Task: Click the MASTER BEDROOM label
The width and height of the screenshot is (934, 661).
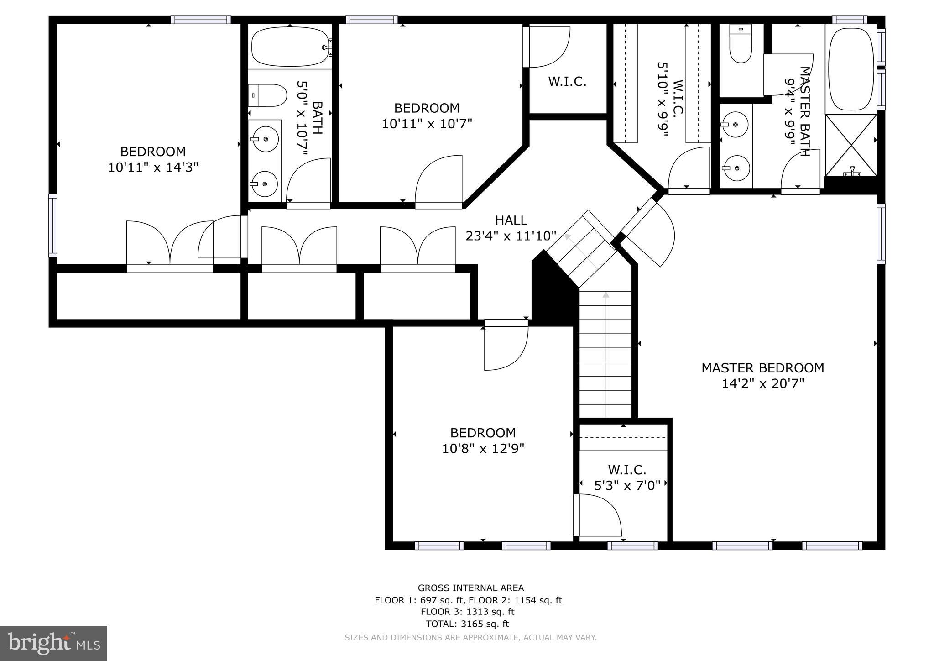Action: [762, 368]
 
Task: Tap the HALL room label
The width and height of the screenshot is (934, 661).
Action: [511, 220]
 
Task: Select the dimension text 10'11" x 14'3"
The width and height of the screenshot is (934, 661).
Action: [153, 168]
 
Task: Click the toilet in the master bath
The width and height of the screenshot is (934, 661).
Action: [740, 45]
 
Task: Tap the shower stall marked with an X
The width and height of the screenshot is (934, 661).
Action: [851, 145]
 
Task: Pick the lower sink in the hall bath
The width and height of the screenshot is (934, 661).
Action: [265, 184]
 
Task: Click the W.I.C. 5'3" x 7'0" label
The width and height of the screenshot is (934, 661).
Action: [627, 477]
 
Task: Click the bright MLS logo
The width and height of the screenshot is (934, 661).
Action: [53, 643]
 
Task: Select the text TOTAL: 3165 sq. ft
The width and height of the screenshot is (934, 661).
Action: [467, 624]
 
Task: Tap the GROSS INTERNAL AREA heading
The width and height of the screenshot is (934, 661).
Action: [470, 588]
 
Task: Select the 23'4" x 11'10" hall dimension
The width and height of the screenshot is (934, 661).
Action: [511, 236]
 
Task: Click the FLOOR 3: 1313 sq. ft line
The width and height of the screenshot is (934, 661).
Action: [467, 612]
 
